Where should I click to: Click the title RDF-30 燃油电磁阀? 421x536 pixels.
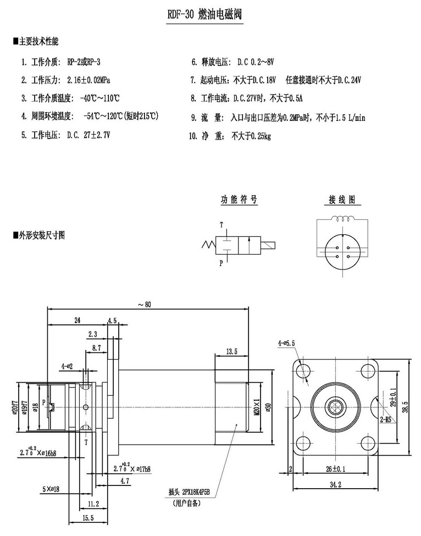204,14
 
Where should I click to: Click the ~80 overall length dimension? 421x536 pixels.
145,305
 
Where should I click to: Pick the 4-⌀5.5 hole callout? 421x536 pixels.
286,343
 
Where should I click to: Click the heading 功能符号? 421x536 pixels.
239,199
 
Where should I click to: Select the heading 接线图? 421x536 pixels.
341,199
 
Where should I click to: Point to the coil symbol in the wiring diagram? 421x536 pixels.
346,218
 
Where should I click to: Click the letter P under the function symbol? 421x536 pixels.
221,263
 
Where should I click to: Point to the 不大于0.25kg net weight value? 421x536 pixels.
251,136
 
